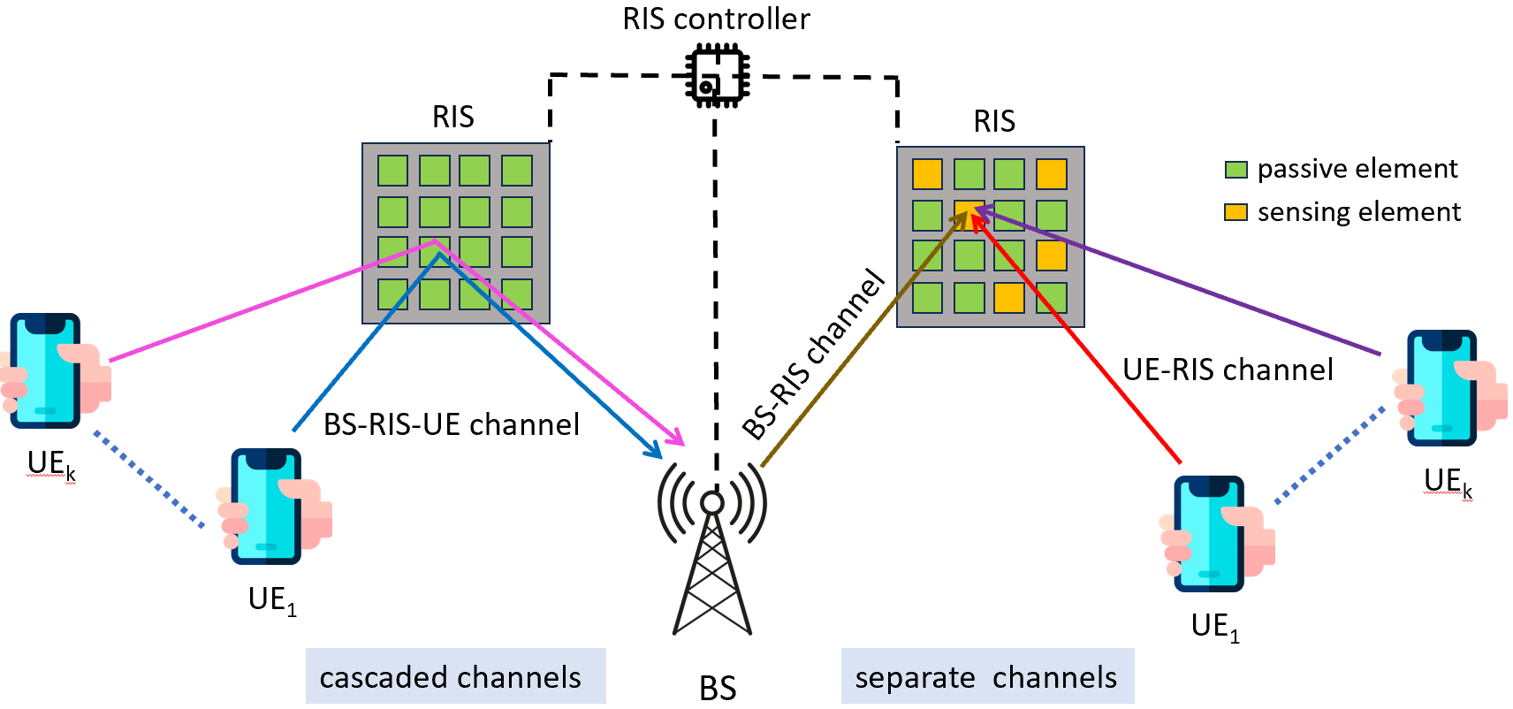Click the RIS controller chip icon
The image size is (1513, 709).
(717, 76)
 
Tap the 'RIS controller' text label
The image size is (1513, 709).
(716, 19)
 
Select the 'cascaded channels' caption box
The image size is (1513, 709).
(456, 676)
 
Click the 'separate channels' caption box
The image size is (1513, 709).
(987, 676)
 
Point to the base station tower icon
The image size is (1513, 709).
(712, 548)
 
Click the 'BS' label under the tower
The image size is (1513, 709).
(718, 689)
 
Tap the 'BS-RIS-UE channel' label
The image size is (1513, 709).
(452, 424)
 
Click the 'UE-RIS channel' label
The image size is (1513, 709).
(1228, 370)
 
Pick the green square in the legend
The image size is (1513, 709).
(1235, 170)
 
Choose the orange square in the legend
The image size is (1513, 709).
(1235, 212)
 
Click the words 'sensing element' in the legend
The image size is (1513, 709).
(1359, 211)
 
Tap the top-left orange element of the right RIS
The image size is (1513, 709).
(927, 173)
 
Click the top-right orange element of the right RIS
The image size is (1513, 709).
(1051, 173)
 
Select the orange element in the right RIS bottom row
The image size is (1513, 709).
(1009, 298)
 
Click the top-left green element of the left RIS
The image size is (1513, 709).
(392, 171)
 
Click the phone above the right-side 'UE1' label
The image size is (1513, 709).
(1208, 534)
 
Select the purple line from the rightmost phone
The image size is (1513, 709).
(1179, 281)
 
